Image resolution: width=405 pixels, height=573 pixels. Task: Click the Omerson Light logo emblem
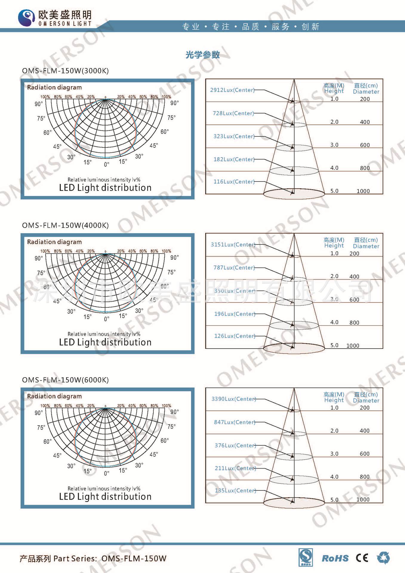[x=27, y=18]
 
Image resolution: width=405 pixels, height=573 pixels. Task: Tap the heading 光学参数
[x=203, y=55]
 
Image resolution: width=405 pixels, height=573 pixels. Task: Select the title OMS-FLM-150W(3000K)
[x=65, y=71]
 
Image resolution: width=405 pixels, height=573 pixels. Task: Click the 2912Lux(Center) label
[x=232, y=90]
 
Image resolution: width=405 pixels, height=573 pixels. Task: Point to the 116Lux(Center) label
[x=234, y=181]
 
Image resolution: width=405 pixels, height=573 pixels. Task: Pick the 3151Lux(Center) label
[x=233, y=244]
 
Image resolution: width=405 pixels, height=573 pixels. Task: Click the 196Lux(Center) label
[x=235, y=314]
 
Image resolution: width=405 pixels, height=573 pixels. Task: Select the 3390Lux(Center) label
[x=234, y=399]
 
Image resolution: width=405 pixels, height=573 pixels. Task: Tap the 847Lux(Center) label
[x=235, y=422]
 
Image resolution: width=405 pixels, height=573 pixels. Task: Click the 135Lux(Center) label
[x=235, y=490]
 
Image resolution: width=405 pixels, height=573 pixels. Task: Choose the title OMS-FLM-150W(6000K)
[x=65, y=380]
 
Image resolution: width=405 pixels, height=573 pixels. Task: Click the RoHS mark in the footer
[x=335, y=558]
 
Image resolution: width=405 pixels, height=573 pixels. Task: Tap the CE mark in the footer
[x=362, y=558]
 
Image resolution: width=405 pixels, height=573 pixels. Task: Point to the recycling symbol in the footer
[x=383, y=558]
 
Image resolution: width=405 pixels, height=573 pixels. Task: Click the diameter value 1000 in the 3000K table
[x=363, y=191]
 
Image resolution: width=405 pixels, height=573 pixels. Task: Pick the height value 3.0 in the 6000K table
[x=334, y=454]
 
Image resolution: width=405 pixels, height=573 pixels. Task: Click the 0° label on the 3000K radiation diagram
[x=107, y=164]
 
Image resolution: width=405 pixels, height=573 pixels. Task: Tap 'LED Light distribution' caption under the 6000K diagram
[x=105, y=496]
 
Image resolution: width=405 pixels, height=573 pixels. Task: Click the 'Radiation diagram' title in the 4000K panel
[x=54, y=242]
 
